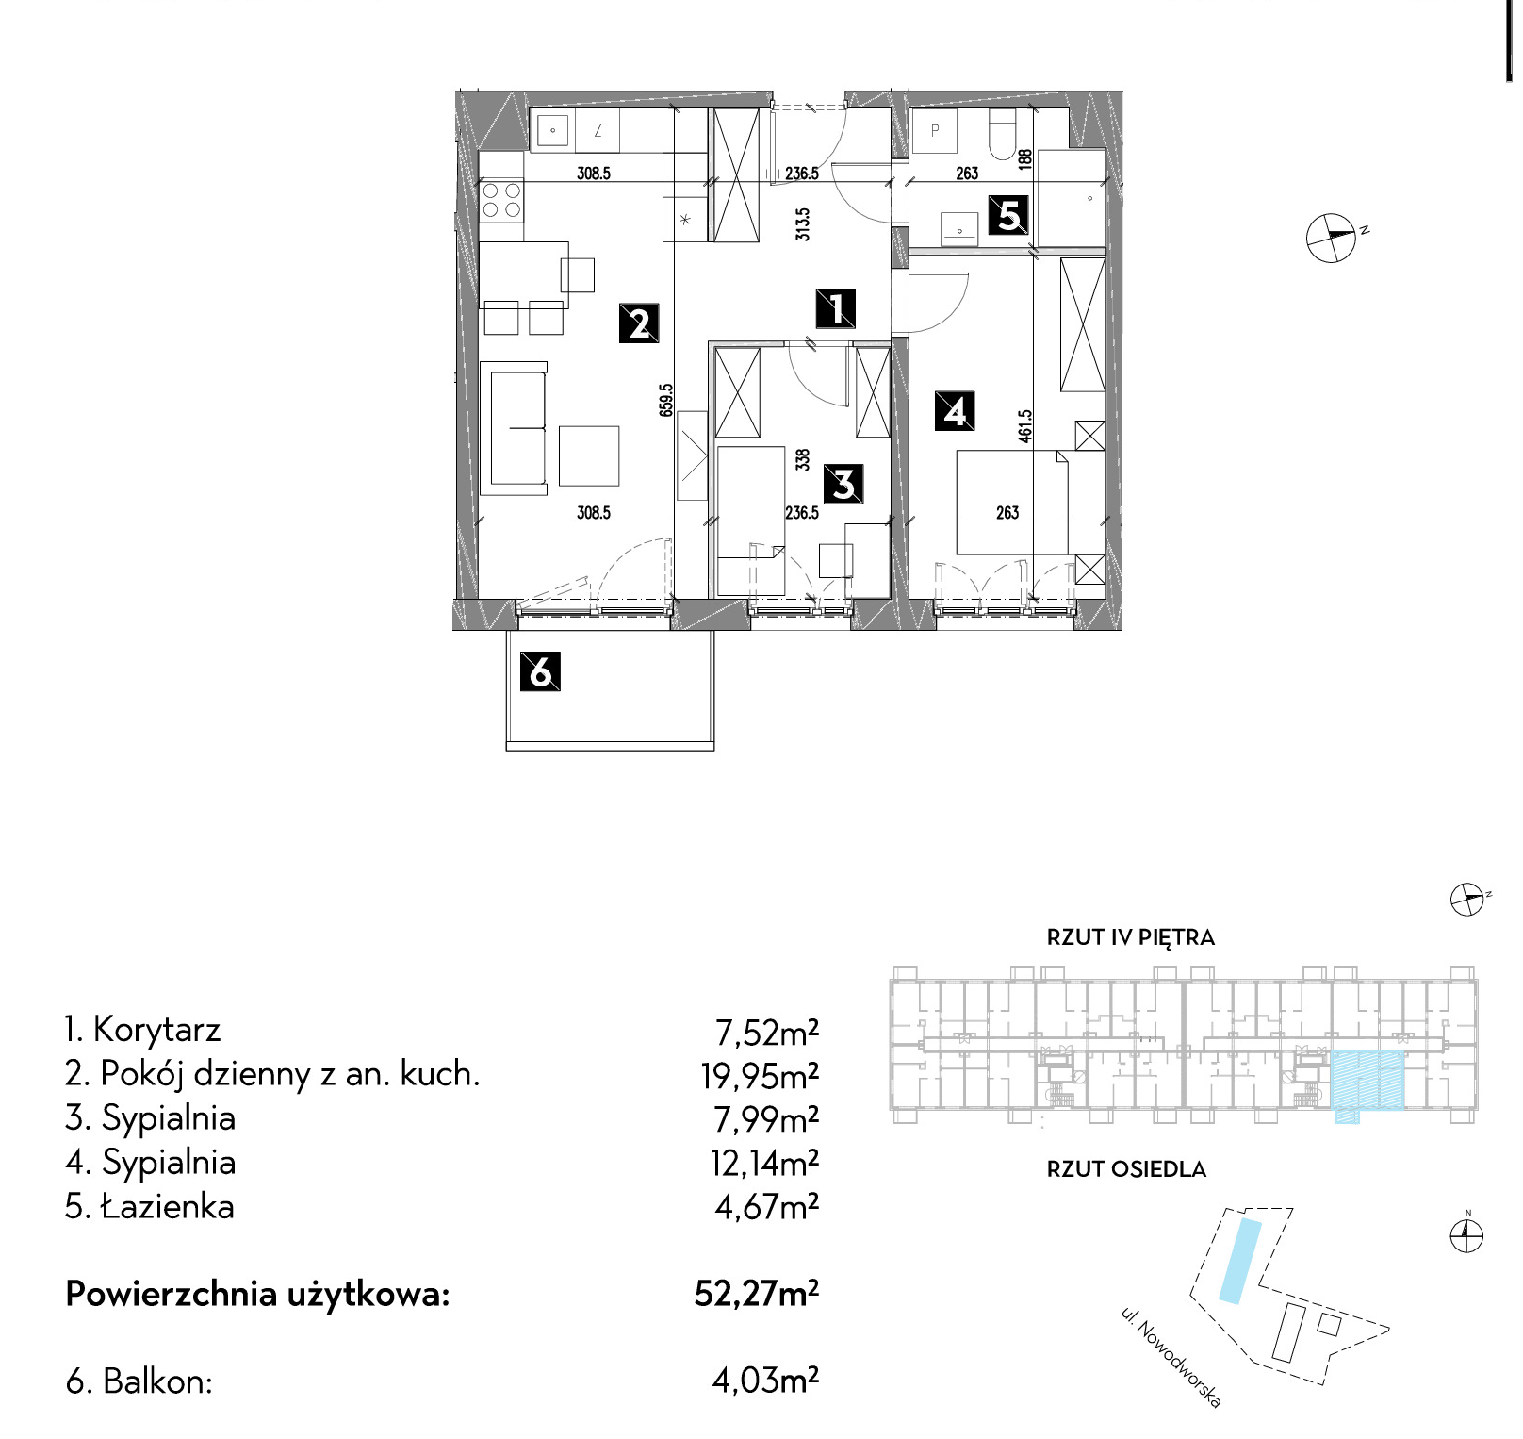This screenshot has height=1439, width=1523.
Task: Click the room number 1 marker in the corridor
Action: point(836,308)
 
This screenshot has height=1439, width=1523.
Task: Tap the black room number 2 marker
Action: point(638,323)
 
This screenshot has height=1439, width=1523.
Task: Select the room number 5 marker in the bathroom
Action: point(1008,215)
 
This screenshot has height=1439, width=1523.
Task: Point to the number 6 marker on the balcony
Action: point(540,671)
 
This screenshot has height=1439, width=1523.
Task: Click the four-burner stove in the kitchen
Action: point(501,200)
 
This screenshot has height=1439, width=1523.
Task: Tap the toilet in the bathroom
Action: point(1001,133)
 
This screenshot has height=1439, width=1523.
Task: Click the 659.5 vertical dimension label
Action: point(666,400)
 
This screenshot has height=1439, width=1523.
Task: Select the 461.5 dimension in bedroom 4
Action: point(1025,425)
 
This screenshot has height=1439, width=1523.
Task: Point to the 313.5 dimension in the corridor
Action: point(802,224)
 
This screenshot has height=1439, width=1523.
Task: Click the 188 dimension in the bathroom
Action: point(1025,158)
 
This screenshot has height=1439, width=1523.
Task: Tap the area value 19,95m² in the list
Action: point(760,1075)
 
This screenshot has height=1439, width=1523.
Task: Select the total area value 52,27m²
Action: point(757,1293)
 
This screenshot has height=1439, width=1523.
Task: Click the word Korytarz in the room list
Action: point(156,1029)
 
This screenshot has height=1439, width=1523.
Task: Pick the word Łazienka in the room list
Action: point(168,1206)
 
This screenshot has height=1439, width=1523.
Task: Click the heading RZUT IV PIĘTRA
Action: point(1130,937)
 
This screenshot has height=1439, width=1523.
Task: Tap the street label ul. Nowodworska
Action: point(1171,1357)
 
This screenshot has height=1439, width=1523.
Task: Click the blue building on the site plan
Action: point(1239,1261)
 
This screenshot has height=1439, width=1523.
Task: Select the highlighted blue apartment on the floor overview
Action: point(1367,1082)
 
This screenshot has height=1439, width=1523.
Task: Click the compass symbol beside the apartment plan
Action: point(1332,237)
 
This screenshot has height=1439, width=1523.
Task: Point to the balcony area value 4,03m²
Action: point(765,1381)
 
